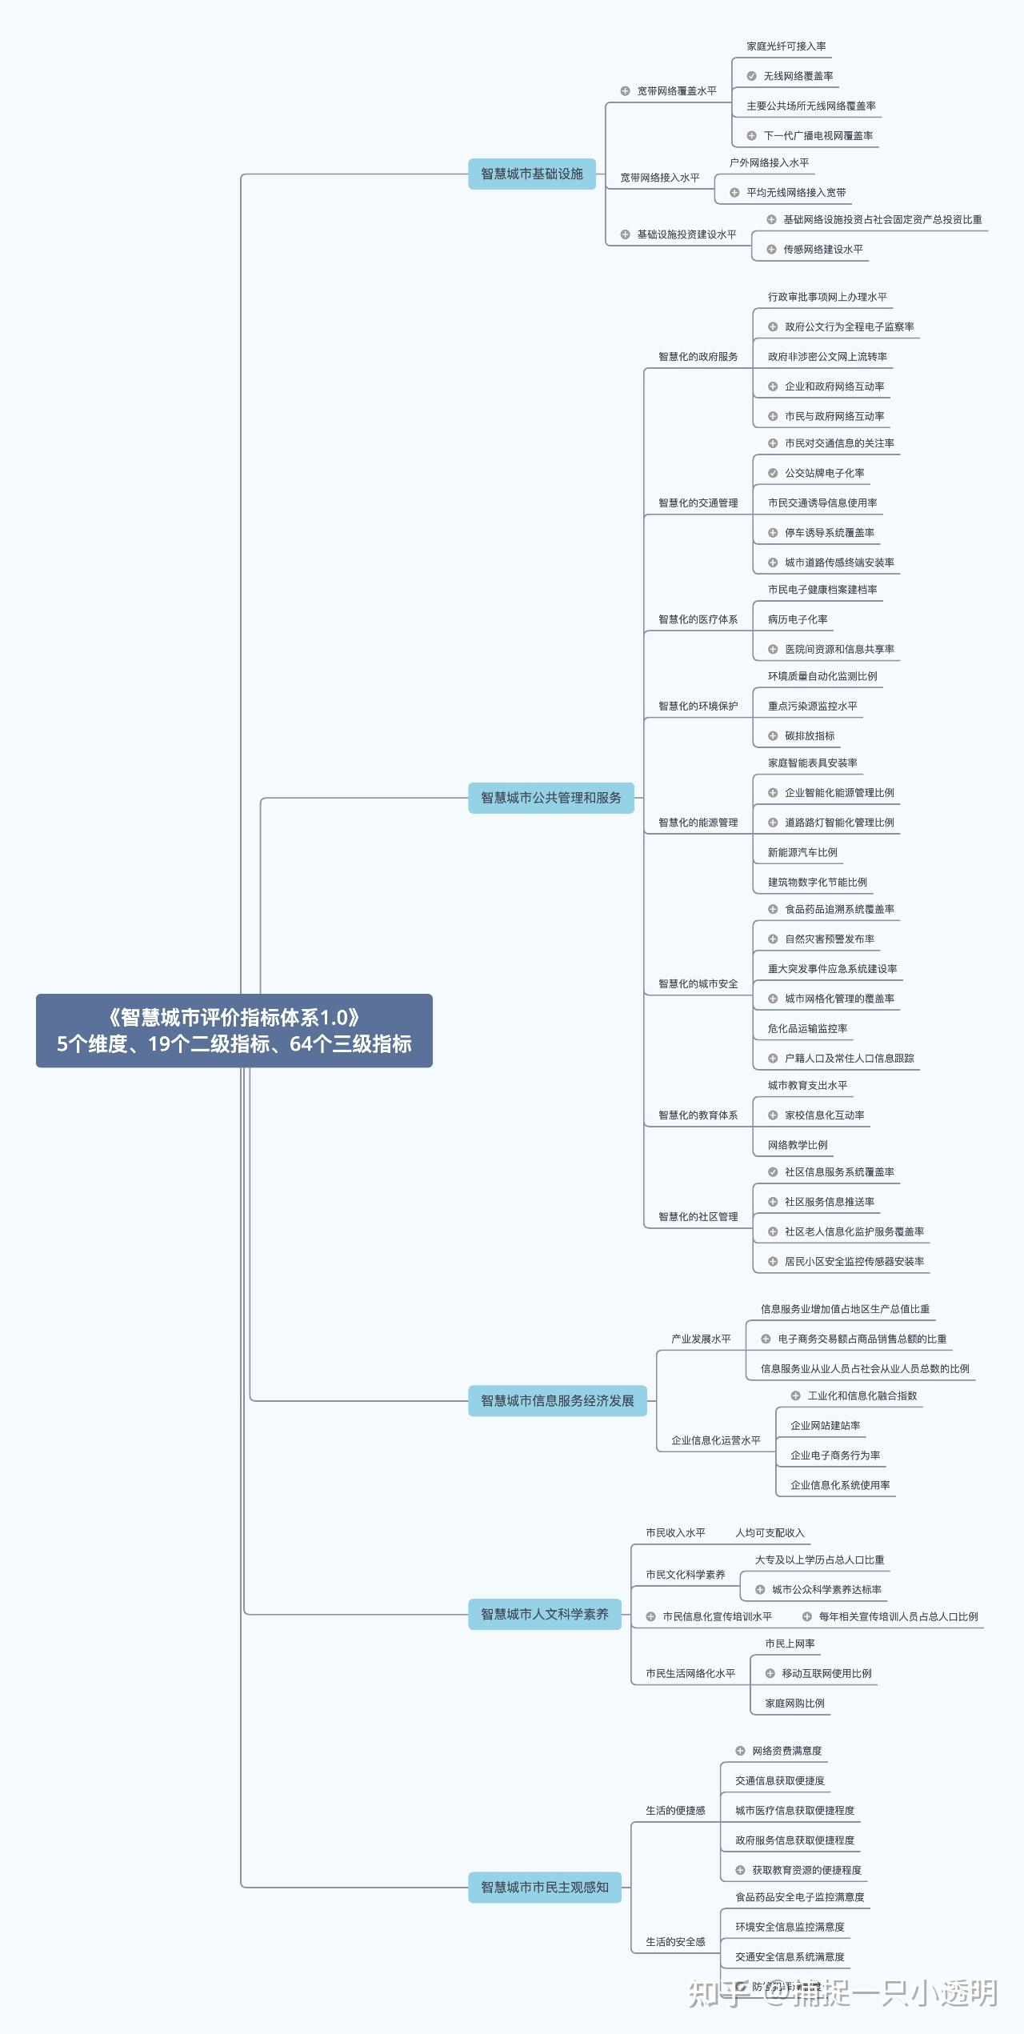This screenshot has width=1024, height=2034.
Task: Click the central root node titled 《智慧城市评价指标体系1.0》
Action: [234, 1030]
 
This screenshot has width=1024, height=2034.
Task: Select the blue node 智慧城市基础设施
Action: [531, 174]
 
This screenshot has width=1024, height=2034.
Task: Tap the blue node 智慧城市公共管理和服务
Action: [550, 798]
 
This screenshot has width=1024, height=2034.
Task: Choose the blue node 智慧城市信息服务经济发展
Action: [557, 1401]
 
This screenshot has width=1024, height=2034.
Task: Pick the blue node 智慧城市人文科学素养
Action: [544, 1614]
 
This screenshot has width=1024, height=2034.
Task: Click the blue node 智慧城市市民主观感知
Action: [544, 1887]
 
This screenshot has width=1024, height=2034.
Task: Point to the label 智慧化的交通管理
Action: [698, 503]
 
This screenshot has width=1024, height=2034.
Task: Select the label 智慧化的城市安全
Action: [698, 984]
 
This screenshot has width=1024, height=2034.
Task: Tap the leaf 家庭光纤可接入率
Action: [786, 46]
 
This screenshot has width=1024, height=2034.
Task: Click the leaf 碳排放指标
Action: [810, 736]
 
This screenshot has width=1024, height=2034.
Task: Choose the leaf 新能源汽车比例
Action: [802, 853]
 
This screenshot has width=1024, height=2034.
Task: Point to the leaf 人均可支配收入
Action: [770, 1533]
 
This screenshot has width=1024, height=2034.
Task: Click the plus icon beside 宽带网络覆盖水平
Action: [626, 91]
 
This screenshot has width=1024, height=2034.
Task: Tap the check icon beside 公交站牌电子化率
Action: [773, 473]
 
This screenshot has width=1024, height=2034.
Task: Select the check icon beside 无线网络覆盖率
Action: [751, 76]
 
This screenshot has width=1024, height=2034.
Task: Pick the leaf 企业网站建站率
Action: [825, 1426]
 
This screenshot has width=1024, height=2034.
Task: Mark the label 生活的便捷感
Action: [675, 1811]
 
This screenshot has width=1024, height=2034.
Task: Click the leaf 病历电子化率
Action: [798, 619]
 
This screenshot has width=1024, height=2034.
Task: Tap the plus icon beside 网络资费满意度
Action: [740, 1751]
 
